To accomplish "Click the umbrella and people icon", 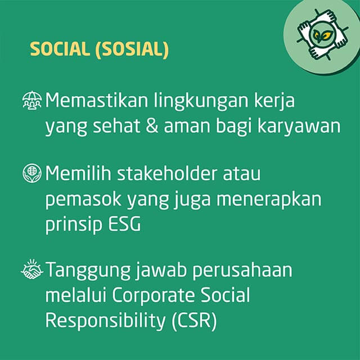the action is point(32,100).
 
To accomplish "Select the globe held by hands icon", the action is point(32,173).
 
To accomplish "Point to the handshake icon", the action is point(32,269).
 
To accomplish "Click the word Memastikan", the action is point(96,100).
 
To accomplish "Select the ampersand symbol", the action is point(152,126).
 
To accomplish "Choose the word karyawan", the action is point(299,128).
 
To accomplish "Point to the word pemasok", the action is point(83,200).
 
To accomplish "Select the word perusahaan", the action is point(242,271).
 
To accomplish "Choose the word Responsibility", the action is point(105,321).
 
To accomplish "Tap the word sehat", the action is point(116,126).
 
